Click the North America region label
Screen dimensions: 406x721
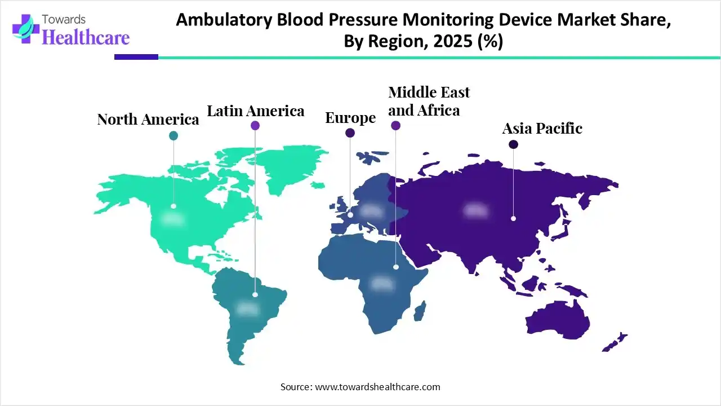point(148,120)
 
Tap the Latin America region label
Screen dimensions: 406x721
point(256,111)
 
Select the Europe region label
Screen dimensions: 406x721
point(350,118)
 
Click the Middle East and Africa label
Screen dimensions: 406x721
point(429,101)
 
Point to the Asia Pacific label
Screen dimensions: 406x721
point(542,129)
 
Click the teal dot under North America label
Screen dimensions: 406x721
point(173,135)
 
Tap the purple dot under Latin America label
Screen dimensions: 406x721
point(255,126)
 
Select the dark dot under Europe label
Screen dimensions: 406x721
point(350,133)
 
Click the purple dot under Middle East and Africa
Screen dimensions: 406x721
point(395,126)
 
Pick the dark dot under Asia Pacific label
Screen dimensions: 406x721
point(513,144)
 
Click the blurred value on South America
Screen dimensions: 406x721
point(247,308)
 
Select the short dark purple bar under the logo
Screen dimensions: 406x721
point(136,57)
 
